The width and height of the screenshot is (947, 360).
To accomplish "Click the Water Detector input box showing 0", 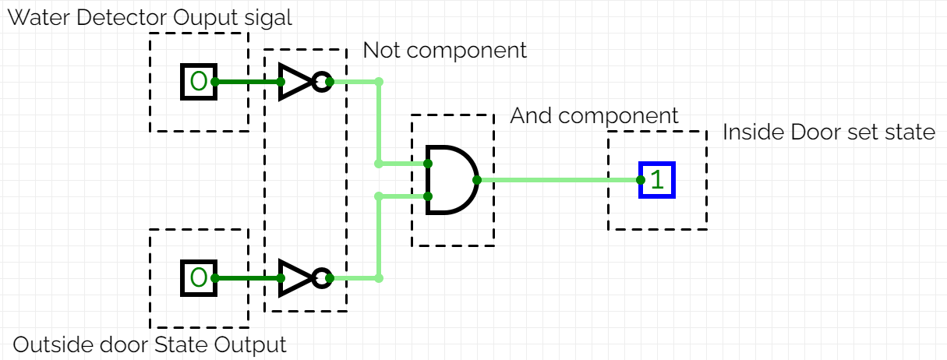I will (x=199, y=81).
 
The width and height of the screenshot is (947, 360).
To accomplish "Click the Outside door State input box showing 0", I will (x=199, y=277).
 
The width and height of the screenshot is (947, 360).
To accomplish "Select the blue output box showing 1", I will (x=657, y=180).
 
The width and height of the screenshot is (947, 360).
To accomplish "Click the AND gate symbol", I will (x=451, y=179).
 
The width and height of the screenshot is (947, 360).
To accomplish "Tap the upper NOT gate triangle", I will (x=295, y=81).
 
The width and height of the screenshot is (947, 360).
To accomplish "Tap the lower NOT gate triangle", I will (x=295, y=277).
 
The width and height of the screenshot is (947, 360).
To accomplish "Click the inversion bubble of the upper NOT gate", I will (x=320, y=81).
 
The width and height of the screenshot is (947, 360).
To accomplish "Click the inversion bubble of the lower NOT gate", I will (x=320, y=277).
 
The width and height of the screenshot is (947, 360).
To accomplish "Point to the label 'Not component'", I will (x=444, y=51).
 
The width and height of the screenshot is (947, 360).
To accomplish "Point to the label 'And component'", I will (x=594, y=116).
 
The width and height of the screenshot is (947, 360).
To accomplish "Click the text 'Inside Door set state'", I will (x=828, y=132).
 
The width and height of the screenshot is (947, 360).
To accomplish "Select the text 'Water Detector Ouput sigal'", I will (x=150, y=17).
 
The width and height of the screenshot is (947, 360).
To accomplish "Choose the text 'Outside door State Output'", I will (x=150, y=344).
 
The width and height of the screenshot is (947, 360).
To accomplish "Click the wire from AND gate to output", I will (x=557, y=180).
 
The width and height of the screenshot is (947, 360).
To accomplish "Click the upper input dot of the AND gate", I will (x=428, y=164).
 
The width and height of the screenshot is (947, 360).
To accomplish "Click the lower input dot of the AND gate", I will (x=428, y=196).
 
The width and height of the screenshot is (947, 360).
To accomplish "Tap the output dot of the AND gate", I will (x=477, y=180).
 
